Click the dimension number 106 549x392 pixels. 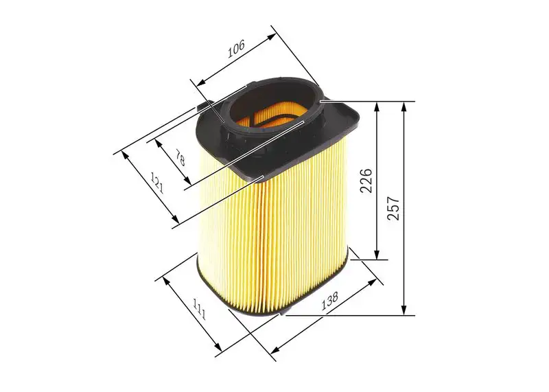[235, 49]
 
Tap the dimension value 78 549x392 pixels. [180, 159]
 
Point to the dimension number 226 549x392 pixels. [366, 181]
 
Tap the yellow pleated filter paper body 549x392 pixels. [274, 233]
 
